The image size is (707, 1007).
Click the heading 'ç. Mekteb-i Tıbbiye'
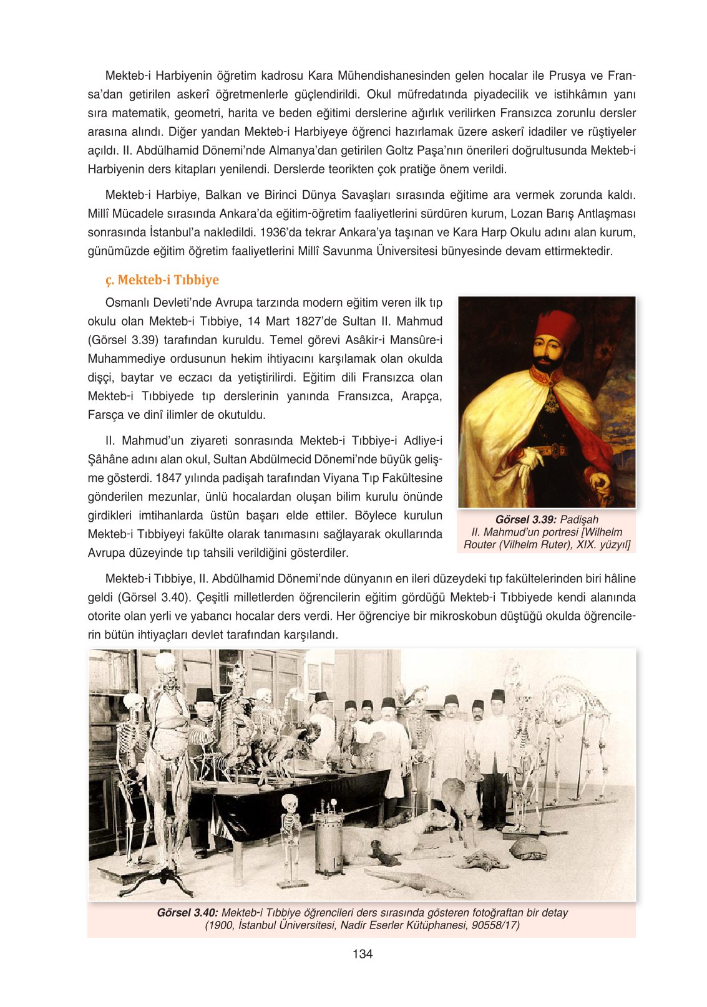click(162, 280)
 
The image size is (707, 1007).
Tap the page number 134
click(362, 953)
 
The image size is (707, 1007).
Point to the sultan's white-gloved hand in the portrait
click(530, 460)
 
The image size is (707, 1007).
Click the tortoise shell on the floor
click(528, 849)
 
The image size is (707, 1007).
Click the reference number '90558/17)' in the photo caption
click(495, 925)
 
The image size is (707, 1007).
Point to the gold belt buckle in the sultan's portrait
click(549, 450)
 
